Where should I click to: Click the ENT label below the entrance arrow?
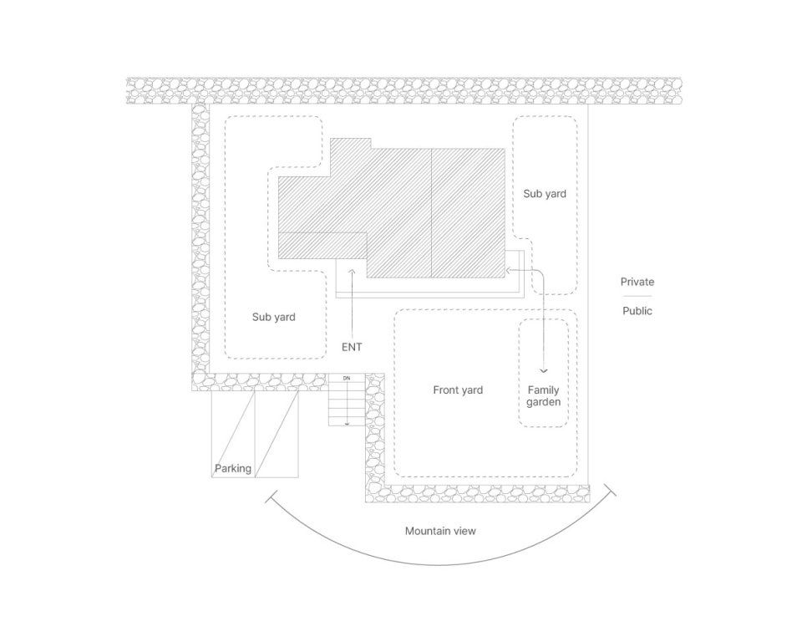coord(352,346)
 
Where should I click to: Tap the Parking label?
coord(232,468)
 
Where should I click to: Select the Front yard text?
coord(458,390)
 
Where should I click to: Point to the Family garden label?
coord(543,396)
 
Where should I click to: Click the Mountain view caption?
coord(440,531)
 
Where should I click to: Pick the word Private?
coord(637,282)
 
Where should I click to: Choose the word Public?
coord(637,311)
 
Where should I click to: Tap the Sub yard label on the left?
coord(274,317)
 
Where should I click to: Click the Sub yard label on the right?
coord(545,194)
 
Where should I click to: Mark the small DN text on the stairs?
coord(347,379)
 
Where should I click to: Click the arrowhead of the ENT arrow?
coord(352,271)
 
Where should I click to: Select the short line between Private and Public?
coord(637,296)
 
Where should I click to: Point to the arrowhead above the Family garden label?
coord(544,370)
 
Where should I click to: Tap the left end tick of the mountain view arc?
coord(271,499)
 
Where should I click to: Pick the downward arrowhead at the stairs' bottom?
coord(347,424)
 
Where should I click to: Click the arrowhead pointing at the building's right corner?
coord(510,270)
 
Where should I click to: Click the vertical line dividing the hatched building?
coord(431,213)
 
